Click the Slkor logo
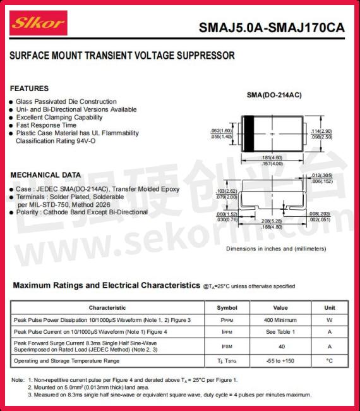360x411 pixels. pos(37,24)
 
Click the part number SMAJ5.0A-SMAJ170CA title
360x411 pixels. pos(272,28)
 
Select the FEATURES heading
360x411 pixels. pos(29,89)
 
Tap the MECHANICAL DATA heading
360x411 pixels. pos(45,175)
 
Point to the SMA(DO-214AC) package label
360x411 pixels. pos(273,95)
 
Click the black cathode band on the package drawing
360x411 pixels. pos(248,133)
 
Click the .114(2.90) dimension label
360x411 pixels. pos(321,131)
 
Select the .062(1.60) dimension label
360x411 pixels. pos(221,131)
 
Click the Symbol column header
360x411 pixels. pos(227,308)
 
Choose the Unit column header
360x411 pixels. pos(329,308)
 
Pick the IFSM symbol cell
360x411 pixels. pos(227,347)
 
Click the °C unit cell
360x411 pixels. pos(329,361)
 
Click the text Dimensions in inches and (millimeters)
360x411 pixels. pos(276,248)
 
